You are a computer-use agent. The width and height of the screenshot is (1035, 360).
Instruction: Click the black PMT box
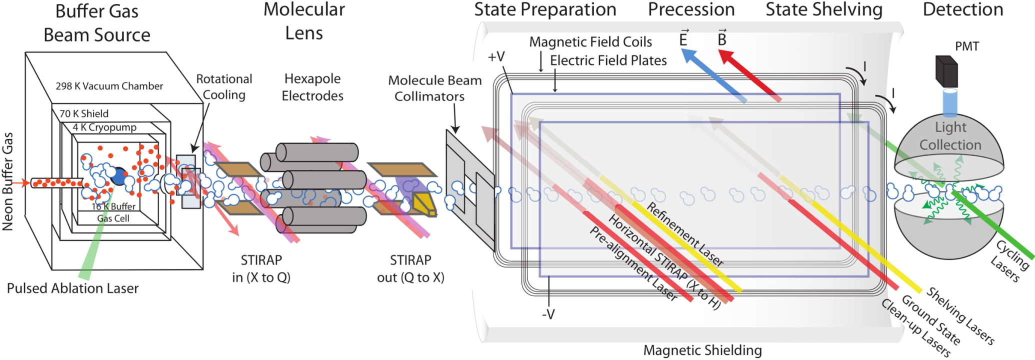946,71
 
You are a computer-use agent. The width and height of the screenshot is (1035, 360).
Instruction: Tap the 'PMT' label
966,46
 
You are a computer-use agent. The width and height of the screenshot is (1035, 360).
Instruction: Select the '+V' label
496,57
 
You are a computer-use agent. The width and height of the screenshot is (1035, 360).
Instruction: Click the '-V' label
548,314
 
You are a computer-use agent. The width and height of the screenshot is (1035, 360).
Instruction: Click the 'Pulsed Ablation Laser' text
72,288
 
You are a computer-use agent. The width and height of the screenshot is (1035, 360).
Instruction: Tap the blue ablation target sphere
119,176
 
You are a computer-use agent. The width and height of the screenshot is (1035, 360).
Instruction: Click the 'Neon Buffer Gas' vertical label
7,181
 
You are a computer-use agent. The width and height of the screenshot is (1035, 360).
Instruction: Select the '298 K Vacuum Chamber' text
109,86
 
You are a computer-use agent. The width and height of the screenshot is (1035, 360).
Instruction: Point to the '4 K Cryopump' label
104,127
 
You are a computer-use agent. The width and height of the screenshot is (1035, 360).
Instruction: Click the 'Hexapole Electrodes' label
312,87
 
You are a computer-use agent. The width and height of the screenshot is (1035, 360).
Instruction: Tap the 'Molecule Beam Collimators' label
434,88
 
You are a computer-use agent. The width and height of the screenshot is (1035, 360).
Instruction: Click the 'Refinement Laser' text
684,234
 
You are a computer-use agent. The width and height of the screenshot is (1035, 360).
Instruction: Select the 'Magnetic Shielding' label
702,350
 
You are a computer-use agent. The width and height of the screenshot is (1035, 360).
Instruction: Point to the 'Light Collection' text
950,135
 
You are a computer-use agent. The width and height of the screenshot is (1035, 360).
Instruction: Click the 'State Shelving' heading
824,9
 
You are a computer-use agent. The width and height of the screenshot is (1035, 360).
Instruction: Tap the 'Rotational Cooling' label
224,86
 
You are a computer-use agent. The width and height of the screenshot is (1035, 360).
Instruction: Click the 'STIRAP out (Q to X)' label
410,268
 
